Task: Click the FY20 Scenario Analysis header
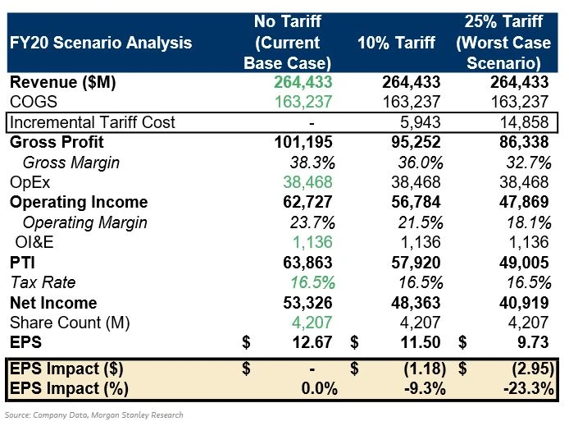[x=100, y=43]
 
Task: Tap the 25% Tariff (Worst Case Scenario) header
[x=504, y=43]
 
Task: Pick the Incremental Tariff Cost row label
[x=92, y=122]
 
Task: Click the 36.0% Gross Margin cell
[x=419, y=163]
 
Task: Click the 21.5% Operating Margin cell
[x=419, y=222]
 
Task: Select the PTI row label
[x=23, y=262]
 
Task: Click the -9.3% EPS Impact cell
[x=421, y=387]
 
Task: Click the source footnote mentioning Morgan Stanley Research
[x=94, y=415]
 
